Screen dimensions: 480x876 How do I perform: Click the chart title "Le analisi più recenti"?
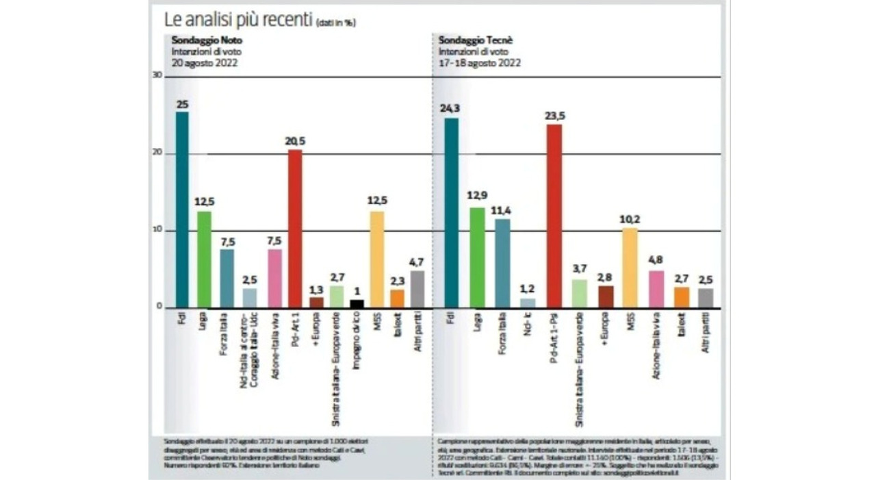233,18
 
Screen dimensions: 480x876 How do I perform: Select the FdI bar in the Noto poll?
182,209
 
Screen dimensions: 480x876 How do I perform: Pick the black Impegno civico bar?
356,303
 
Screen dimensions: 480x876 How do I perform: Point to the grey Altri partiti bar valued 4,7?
417,289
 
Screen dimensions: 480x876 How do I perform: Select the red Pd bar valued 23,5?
554,216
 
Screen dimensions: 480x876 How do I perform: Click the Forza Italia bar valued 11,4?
503,263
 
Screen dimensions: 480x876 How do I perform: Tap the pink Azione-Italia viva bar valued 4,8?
656,289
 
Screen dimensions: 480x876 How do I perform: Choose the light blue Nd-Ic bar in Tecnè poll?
528,303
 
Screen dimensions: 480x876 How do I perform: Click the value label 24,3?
452,107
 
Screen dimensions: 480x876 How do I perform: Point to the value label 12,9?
477,197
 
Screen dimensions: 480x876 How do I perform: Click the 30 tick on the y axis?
157,76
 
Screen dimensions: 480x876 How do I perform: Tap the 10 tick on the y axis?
157,230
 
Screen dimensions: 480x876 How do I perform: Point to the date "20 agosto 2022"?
205,62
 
